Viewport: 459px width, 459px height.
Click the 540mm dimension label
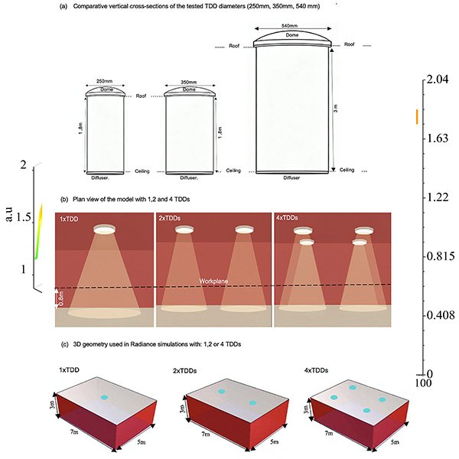(x=289, y=26)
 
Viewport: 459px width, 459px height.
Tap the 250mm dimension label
(x=104, y=81)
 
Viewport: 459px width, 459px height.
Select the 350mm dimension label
(x=189, y=83)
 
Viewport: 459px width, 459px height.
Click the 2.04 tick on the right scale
(x=437, y=79)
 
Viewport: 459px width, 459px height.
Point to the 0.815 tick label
(x=441, y=256)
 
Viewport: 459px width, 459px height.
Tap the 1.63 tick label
(x=437, y=138)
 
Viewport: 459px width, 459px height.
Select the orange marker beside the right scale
(x=417, y=116)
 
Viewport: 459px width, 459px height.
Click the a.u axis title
(x=9, y=214)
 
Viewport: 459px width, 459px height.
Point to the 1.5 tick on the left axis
(x=24, y=217)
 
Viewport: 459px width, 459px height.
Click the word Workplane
(x=213, y=281)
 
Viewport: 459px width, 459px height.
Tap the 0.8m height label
(x=61, y=298)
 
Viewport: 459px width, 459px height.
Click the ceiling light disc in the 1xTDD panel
(x=104, y=229)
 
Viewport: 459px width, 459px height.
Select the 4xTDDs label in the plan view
(x=287, y=218)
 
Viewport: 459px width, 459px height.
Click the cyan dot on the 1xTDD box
(x=104, y=397)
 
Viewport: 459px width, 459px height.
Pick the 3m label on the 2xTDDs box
(x=182, y=409)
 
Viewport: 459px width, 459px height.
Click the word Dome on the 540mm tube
(x=292, y=35)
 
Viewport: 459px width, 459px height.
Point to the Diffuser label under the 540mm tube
(x=291, y=177)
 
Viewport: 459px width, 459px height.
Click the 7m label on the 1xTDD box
(x=74, y=431)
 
